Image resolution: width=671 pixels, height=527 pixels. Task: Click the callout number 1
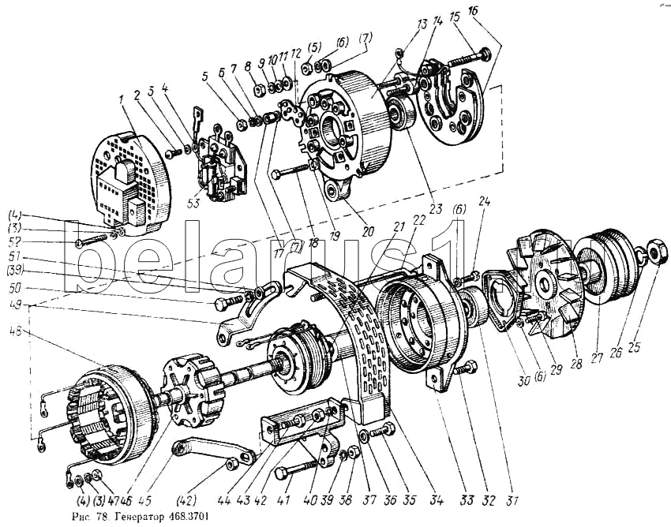[x=122, y=100]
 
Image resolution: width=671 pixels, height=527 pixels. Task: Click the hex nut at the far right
[x=657, y=253]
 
